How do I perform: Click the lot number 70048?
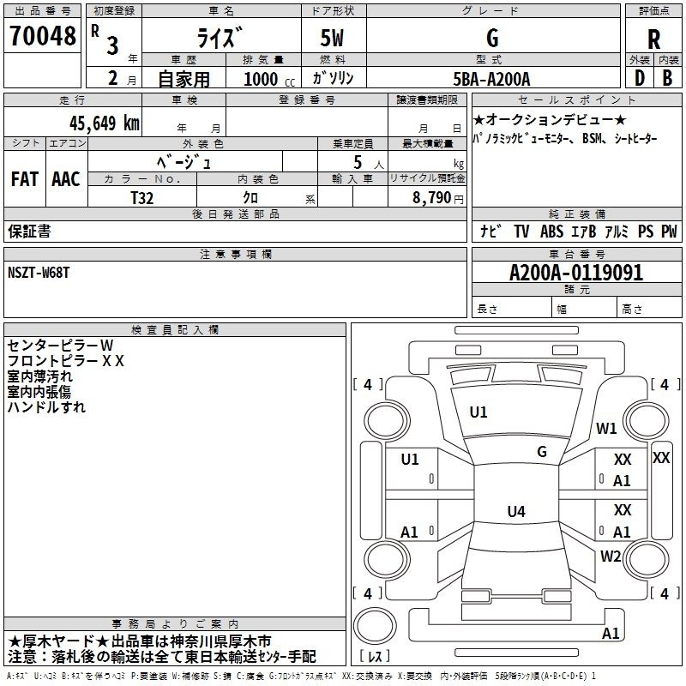coord(42,36)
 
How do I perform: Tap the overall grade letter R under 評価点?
coord(653,39)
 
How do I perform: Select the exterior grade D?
coord(640,78)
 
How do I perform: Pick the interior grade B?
coord(667,78)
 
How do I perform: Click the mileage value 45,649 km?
coord(105,123)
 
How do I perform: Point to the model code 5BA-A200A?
coord(491,79)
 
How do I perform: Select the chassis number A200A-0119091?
coord(576,273)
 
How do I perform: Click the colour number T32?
coord(142,198)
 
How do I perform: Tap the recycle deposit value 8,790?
coord(431,198)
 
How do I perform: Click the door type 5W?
coord(332,38)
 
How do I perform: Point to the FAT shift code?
coord(25,179)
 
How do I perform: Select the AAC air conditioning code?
coord(66,179)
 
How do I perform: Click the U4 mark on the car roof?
coord(516,511)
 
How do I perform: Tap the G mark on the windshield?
coord(542,452)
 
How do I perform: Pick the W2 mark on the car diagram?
coord(611,556)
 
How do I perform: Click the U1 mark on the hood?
coord(478,412)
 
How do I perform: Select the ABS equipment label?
coord(551,231)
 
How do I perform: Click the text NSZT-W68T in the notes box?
coord(39,273)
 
